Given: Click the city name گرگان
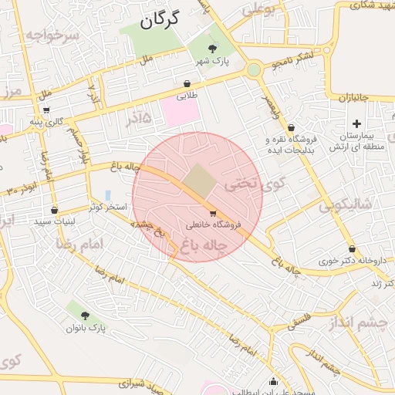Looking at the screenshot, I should pos(160,20).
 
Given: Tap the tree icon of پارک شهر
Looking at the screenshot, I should pos(212,50).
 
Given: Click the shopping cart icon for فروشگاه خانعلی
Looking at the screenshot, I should pos(213,213).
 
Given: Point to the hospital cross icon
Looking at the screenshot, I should pos(356,123).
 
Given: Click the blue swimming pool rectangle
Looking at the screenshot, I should pos(107,195).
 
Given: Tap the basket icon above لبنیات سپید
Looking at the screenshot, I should pos(53,210).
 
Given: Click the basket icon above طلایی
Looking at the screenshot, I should pos(187,84).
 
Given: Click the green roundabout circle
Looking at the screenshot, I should pos(254,70).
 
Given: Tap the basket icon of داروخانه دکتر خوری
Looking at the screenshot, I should pos(353,248).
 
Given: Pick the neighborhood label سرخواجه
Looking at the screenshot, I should pos(52,35).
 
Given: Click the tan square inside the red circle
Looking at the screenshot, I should pos(199,181).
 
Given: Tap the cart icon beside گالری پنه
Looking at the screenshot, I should pos(46,110).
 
